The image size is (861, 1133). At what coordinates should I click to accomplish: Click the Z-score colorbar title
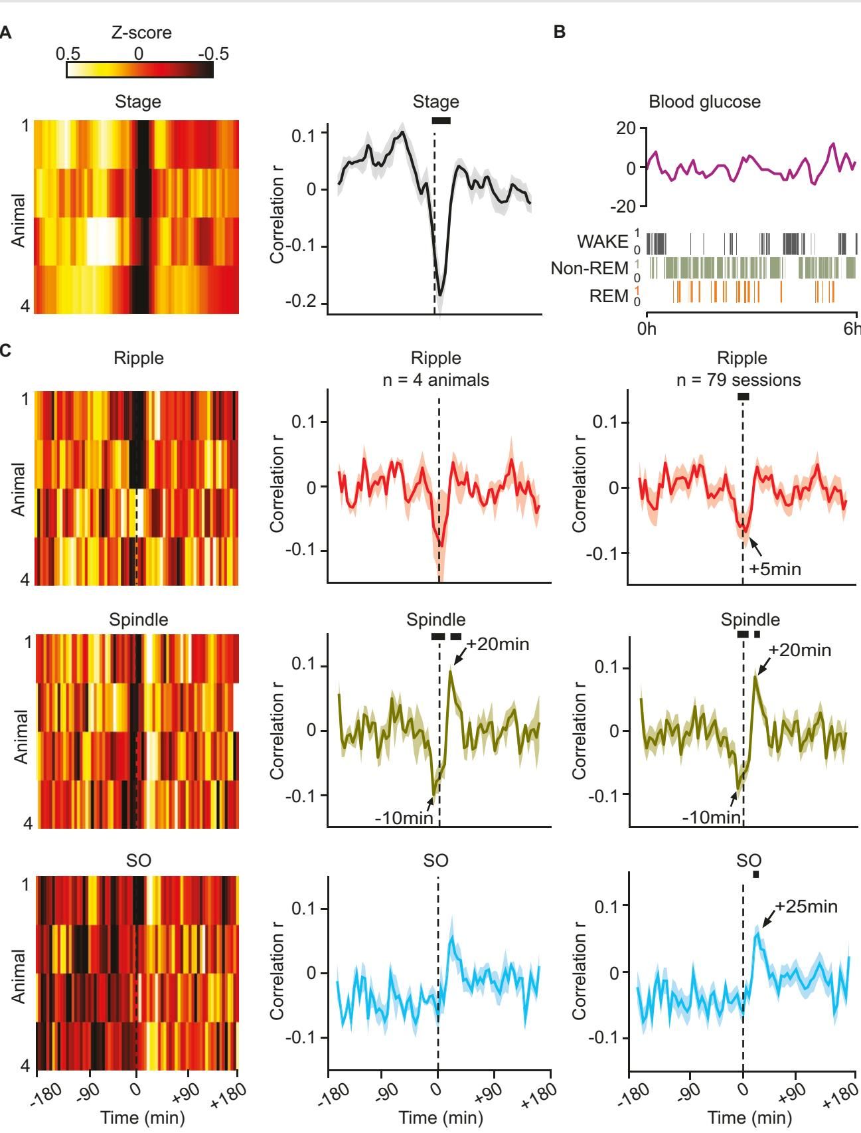click(141, 33)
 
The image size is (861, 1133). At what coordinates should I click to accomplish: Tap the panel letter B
click(560, 33)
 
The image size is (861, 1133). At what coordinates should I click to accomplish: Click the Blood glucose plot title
click(704, 102)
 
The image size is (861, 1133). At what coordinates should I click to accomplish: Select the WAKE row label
click(603, 242)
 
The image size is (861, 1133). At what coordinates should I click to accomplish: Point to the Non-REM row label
click(589, 268)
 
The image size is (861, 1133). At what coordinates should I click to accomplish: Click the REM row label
click(609, 296)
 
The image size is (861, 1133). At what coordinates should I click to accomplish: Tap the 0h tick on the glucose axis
click(647, 328)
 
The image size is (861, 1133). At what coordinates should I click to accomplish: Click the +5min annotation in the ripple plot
click(775, 569)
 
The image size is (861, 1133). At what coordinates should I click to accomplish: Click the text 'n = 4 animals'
click(435, 380)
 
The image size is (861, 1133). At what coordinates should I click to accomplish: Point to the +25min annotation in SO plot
click(806, 907)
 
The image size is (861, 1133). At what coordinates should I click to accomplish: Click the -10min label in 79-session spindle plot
click(711, 818)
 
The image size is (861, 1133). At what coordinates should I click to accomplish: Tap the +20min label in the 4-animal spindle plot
click(498, 644)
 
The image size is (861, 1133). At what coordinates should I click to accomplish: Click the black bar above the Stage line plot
click(441, 120)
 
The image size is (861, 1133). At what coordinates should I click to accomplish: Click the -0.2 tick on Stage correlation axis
click(305, 303)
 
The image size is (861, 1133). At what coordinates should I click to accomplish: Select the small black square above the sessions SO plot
click(755, 875)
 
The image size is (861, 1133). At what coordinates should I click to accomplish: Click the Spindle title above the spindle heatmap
click(138, 620)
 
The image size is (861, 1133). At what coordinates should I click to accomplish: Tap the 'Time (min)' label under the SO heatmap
click(142, 1118)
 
